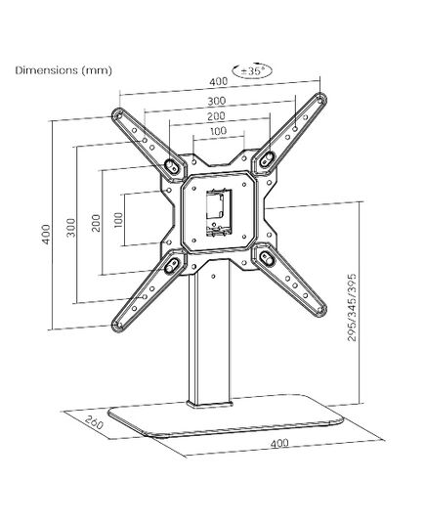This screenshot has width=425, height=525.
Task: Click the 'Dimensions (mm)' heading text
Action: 64,70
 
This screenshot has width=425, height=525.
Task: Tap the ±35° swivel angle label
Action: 252,71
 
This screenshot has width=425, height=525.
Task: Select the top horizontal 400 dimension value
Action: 219,81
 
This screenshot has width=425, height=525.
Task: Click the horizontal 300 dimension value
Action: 217,101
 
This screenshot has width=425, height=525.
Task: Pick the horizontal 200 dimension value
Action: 216,116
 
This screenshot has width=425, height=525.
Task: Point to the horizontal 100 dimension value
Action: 219,131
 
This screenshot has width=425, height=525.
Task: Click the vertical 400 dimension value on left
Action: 47,234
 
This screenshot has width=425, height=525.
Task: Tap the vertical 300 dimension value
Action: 71,228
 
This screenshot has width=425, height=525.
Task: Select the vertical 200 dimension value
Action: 96,223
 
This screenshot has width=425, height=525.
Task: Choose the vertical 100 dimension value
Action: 118,220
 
